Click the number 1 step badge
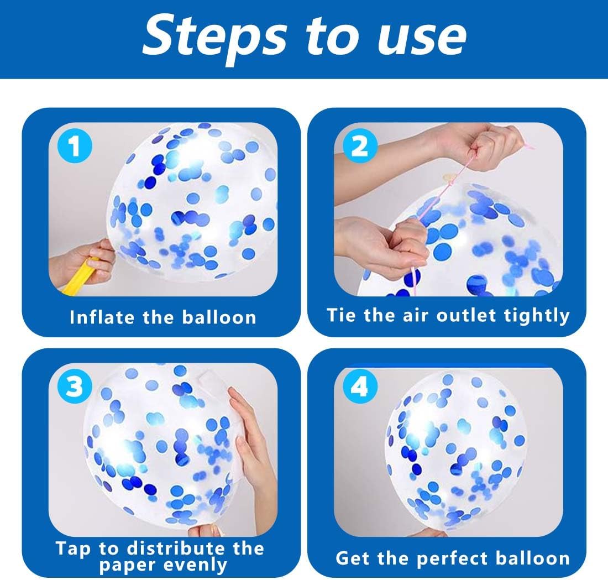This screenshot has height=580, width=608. (75, 147)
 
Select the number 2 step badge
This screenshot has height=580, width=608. (360, 147)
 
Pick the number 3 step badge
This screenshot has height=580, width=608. (75, 387)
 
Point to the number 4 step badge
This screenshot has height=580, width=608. (360, 386)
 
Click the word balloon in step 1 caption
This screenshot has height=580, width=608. (219, 317)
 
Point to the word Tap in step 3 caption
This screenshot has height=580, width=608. (73, 549)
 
